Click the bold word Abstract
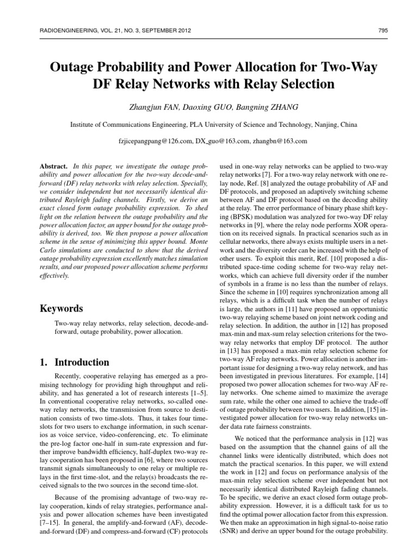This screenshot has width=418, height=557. click(53, 164)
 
